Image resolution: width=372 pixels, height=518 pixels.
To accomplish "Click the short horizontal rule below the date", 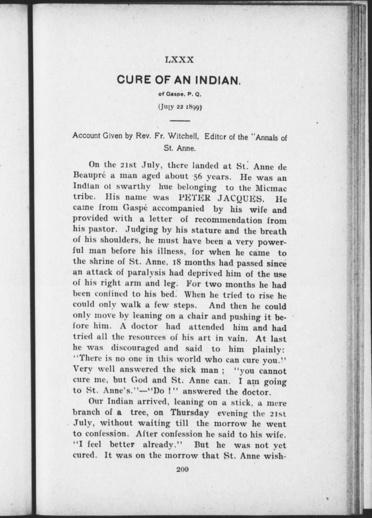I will pos(180,121).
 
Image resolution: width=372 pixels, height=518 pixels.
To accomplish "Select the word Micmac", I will pos(271,188).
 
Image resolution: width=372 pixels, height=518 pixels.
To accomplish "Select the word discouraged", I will pos(135,348).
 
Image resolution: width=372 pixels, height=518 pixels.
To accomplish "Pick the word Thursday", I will pos(190,413).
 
